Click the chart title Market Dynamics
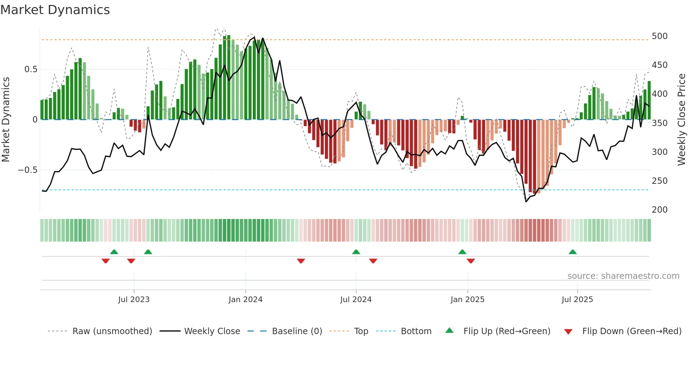[x=55, y=10]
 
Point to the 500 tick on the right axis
[x=659, y=36]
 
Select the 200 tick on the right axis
[x=659, y=210]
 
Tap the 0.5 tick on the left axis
[x=31, y=69]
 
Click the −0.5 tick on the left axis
[x=27, y=170]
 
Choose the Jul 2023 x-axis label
[x=134, y=300]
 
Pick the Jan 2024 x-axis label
[x=245, y=300]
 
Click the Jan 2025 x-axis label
[x=467, y=300]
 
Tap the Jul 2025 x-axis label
[x=577, y=300]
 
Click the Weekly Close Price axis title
[x=682, y=120]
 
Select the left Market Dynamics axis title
[x=6, y=120]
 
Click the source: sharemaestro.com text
[x=623, y=276]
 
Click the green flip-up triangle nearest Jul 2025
[x=572, y=252]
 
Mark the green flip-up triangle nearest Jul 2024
[x=356, y=252]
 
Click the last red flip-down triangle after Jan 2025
[x=471, y=261]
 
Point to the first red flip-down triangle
[x=105, y=261]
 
